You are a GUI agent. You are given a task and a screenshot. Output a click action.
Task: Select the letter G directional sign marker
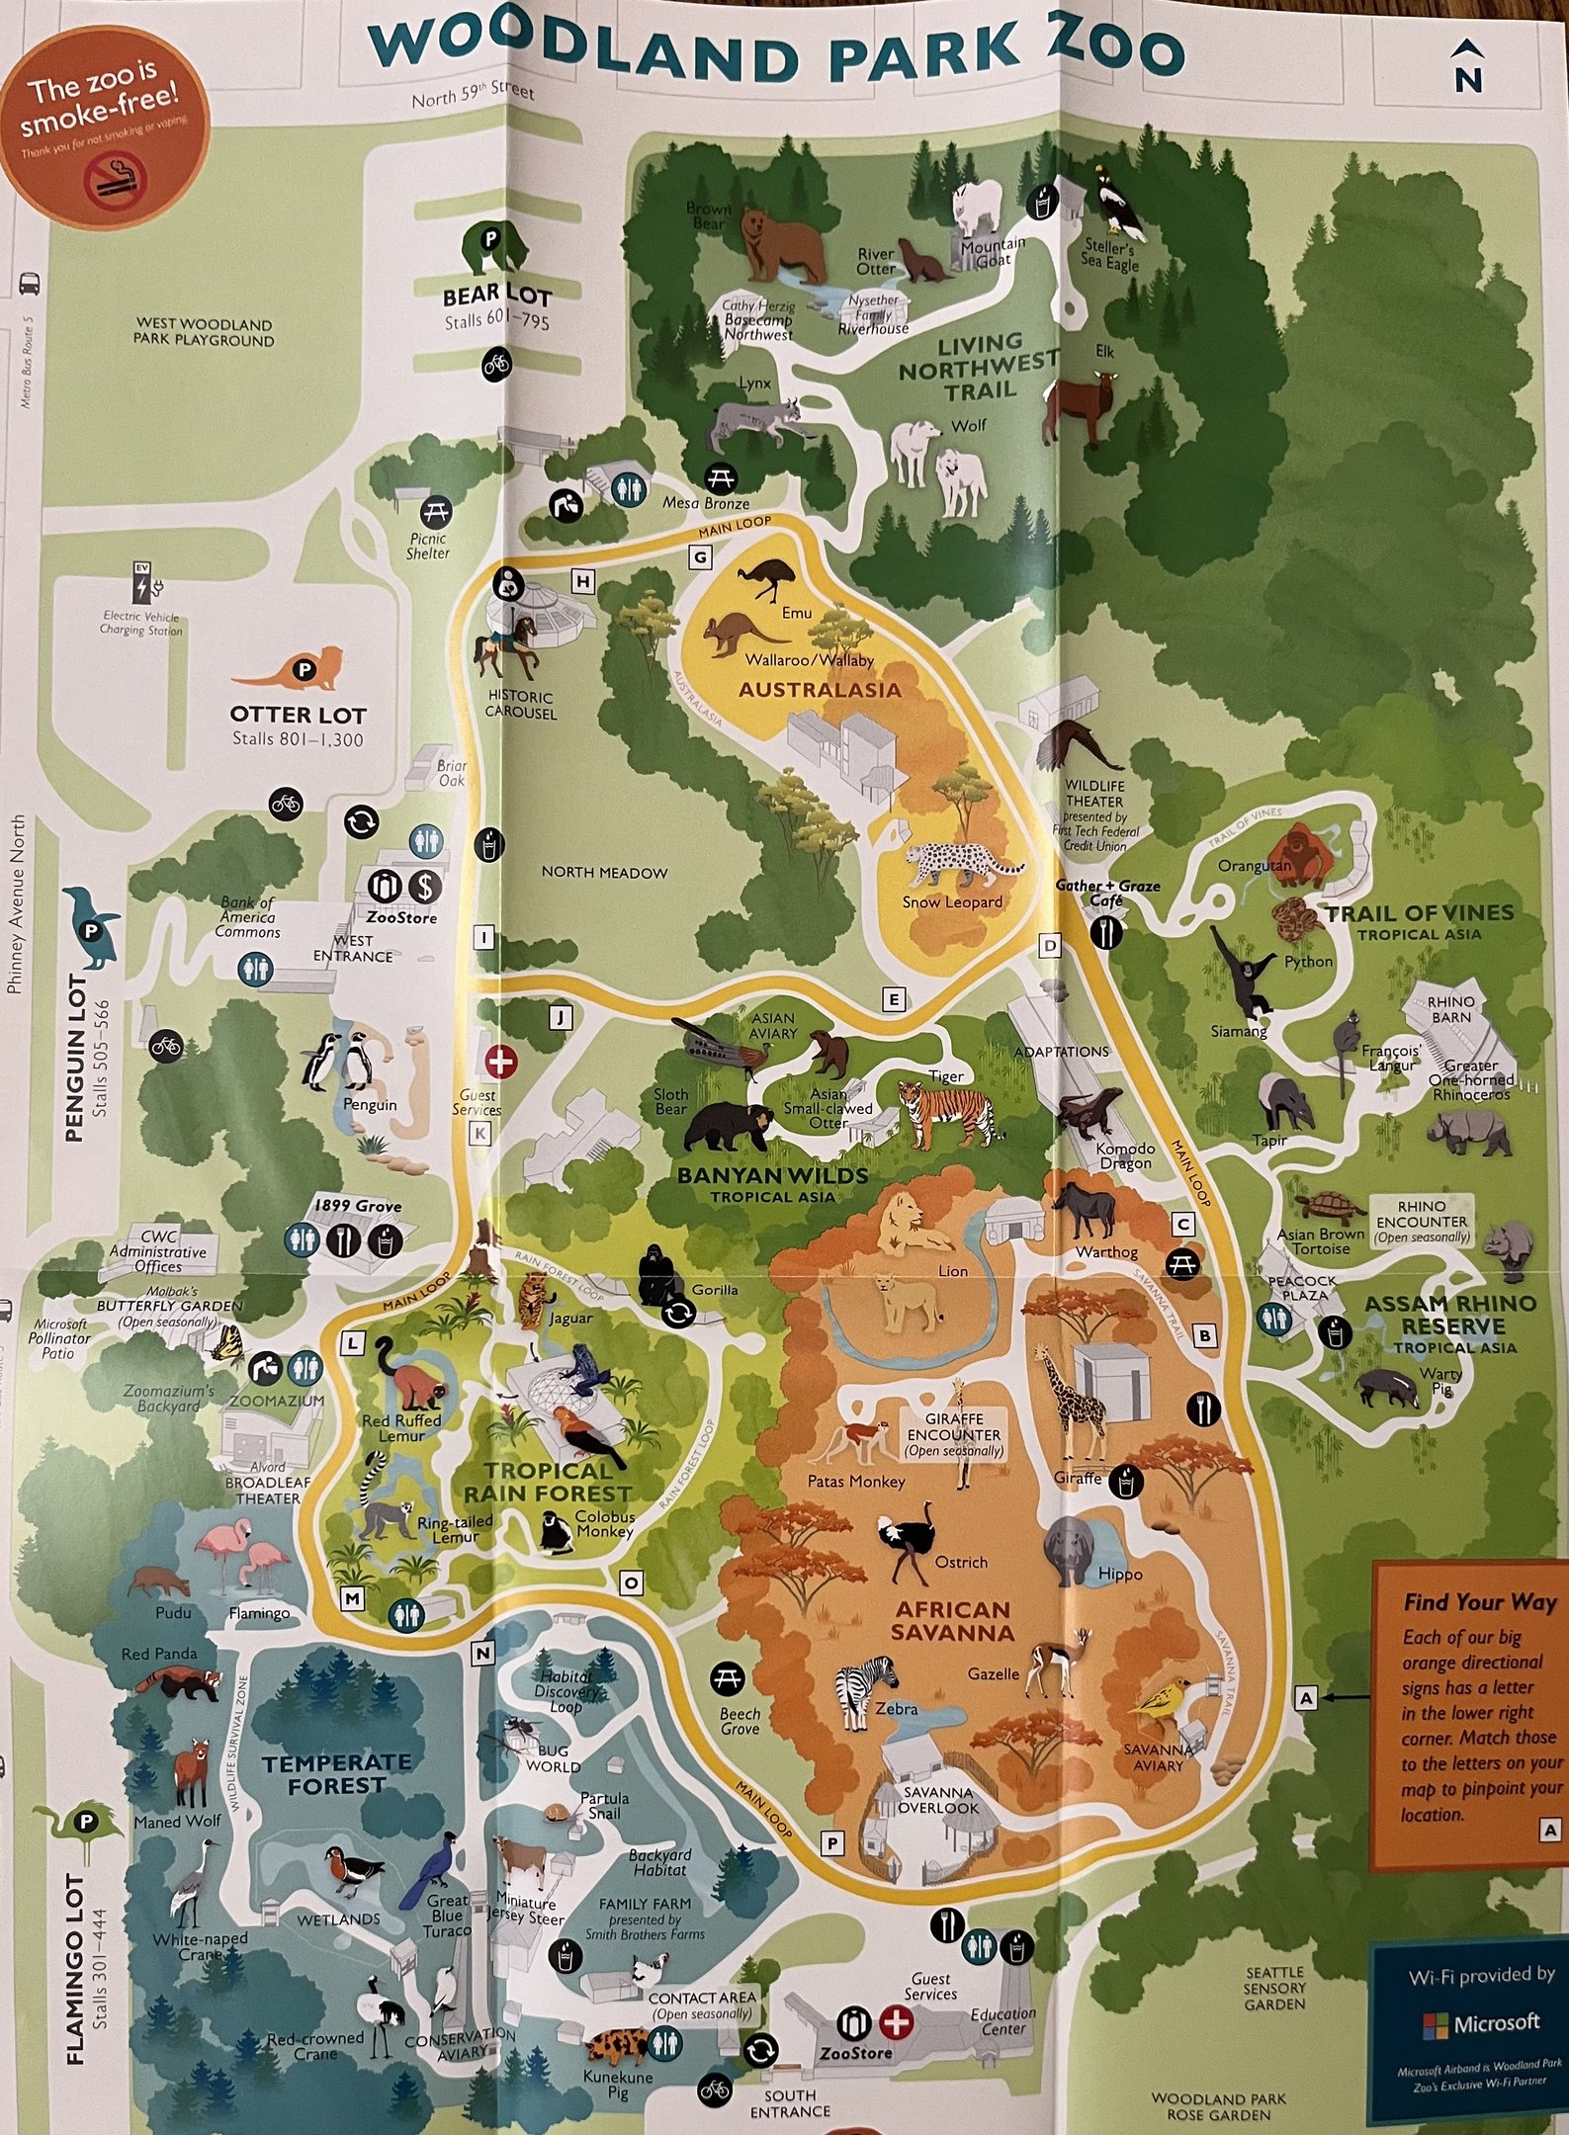point(701,557)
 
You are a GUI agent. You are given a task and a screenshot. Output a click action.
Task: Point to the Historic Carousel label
point(520,705)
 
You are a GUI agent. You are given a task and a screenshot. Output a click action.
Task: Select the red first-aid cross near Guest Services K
point(500,1063)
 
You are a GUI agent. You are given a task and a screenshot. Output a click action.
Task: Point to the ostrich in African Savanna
point(908,1543)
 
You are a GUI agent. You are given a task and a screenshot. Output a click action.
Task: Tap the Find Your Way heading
point(1479,1602)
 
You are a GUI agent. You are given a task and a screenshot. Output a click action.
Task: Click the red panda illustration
point(178,1680)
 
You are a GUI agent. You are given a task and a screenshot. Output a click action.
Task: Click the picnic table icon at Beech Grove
point(728,1676)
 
